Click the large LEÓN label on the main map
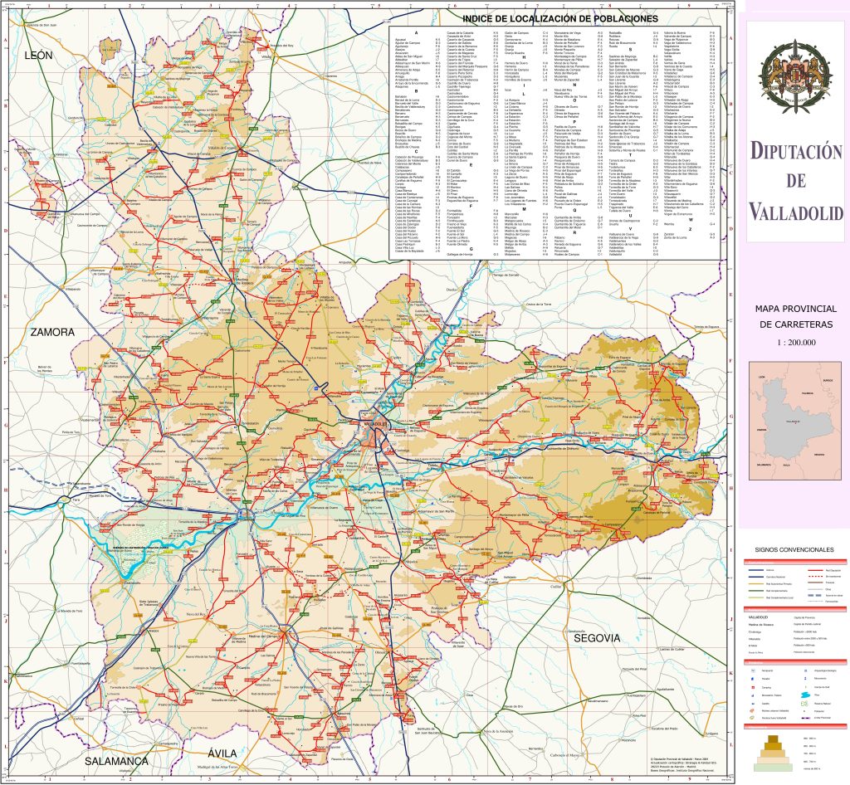click(x=39, y=56)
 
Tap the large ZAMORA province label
click(x=52, y=332)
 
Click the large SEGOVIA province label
click(x=594, y=637)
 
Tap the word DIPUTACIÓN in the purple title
click(x=797, y=152)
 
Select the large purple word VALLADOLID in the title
click(x=797, y=213)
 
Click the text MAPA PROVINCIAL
click(x=796, y=309)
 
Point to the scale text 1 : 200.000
click(x=796, y=342)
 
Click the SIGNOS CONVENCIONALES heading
click(x=794, y=550)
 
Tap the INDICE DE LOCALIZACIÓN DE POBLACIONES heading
click(x=559, y=18)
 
